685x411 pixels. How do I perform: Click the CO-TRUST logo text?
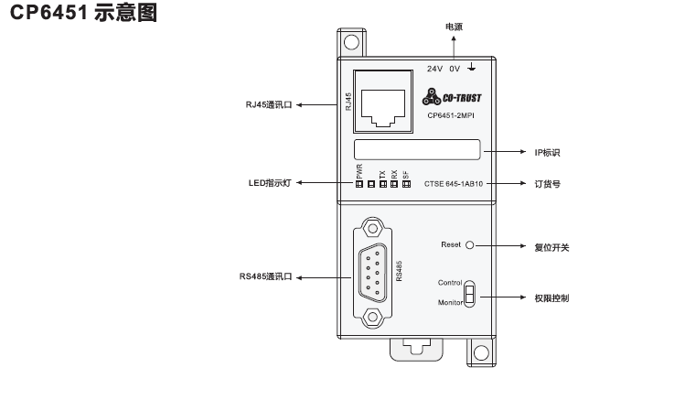click(470, 97)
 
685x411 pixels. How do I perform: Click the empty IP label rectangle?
click(417, 150)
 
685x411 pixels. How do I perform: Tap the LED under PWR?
click(359, 184)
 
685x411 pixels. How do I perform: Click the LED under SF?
click(405, 184)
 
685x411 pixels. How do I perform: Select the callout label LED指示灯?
click(270, 183)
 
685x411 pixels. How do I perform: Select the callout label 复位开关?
click(551, 246)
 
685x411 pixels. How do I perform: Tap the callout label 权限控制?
click(551, 298)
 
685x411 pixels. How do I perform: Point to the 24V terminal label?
click(434, 68)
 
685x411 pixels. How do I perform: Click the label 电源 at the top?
click(454, 27)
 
